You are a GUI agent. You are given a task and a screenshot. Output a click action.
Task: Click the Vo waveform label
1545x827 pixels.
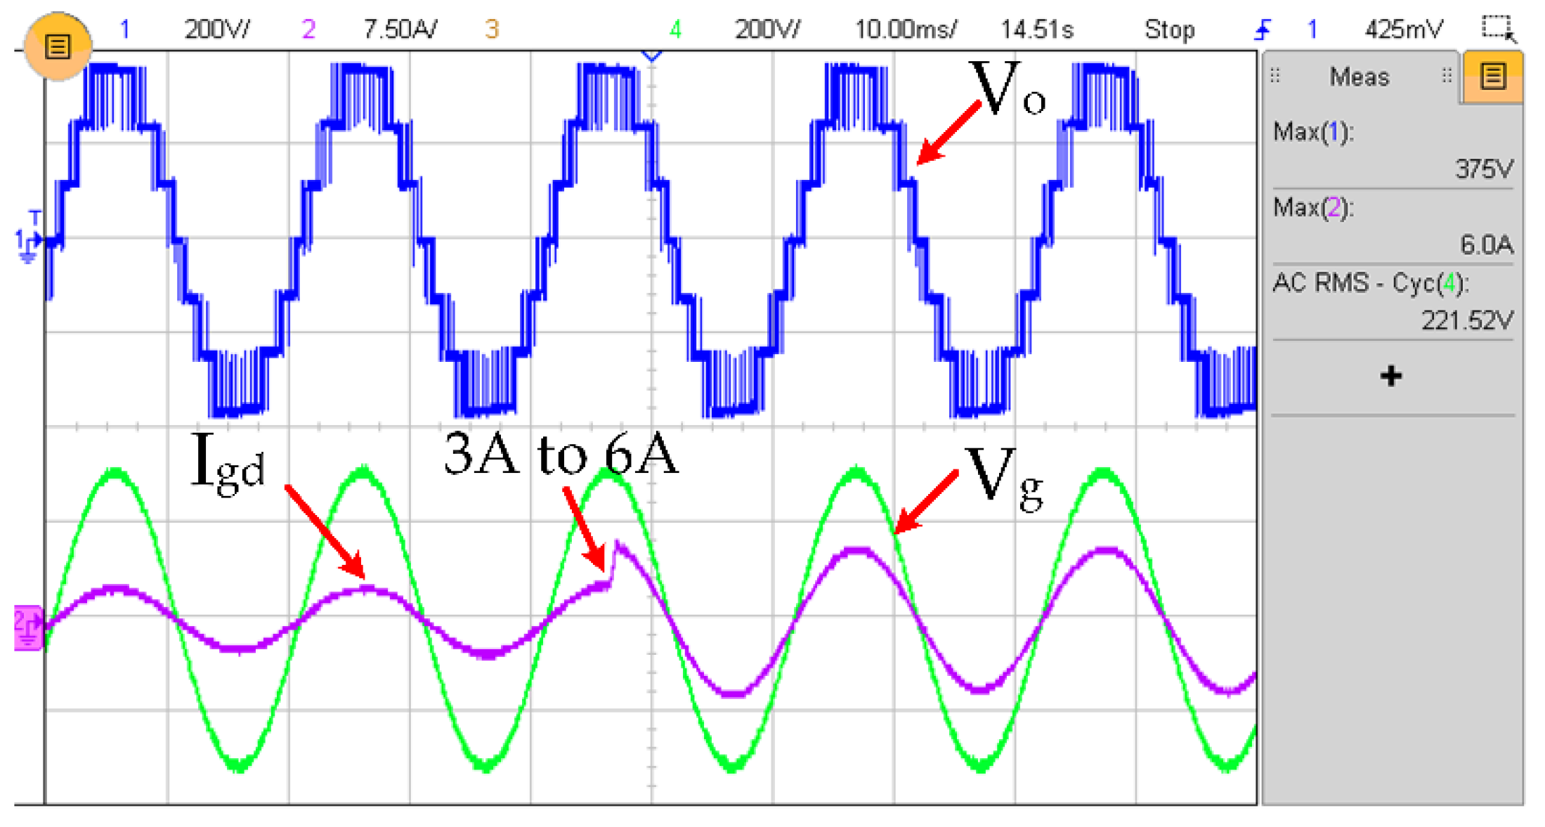1006,90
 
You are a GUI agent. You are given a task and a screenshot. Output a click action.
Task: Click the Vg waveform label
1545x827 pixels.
1003,478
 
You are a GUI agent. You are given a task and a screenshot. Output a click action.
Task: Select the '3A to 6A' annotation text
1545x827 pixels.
561,455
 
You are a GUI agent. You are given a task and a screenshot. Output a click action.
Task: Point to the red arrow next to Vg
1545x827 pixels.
926,502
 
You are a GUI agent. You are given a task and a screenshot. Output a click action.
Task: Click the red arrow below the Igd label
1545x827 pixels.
325,532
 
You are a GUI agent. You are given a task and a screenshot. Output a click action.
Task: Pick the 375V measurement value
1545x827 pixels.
1483,169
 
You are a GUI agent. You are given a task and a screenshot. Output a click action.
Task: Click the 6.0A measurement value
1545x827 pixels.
1486,245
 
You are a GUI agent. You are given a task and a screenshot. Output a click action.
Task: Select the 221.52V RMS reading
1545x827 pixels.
1466,321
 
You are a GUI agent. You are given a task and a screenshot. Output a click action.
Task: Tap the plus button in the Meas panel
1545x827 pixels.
1390,376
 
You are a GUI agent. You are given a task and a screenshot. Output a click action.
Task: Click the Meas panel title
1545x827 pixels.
1359,77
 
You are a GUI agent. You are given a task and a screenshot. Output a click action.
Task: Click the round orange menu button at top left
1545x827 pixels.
58,46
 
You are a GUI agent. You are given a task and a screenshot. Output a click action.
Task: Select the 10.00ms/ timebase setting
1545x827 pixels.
905,30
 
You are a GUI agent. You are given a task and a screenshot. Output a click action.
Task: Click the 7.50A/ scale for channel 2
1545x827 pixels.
399,30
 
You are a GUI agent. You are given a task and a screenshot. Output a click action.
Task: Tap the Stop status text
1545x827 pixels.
1168,30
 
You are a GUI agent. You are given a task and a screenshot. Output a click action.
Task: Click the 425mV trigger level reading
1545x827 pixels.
1403,30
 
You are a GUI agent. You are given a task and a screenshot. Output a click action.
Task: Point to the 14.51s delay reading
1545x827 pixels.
1036,30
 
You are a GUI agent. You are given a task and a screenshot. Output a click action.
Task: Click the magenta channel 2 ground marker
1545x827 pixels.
28,627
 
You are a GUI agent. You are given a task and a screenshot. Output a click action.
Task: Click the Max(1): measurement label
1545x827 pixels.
1312,132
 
